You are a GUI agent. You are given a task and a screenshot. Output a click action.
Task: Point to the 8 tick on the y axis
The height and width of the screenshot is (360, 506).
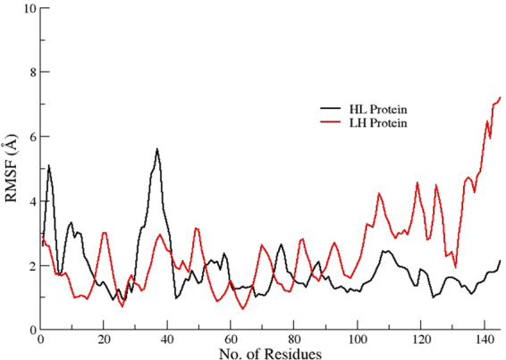point(30,72)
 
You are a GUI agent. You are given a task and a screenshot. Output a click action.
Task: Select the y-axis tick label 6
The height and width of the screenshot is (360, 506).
point(30,137)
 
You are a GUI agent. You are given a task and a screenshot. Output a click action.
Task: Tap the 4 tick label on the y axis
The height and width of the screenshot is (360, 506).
point(30,201)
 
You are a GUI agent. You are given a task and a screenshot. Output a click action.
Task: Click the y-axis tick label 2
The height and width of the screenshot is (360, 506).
point(30,265)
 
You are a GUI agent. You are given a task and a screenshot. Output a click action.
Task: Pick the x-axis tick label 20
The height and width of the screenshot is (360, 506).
point(104,339)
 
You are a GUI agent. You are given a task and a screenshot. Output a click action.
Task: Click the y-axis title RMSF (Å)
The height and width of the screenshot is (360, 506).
point(10,170)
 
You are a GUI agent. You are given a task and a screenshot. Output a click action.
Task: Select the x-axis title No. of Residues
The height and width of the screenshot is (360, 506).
point(271,353)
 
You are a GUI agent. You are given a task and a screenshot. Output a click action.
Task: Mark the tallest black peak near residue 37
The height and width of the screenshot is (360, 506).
point(157,149)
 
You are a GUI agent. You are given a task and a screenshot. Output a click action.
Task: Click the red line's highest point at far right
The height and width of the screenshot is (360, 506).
point(500,97)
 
